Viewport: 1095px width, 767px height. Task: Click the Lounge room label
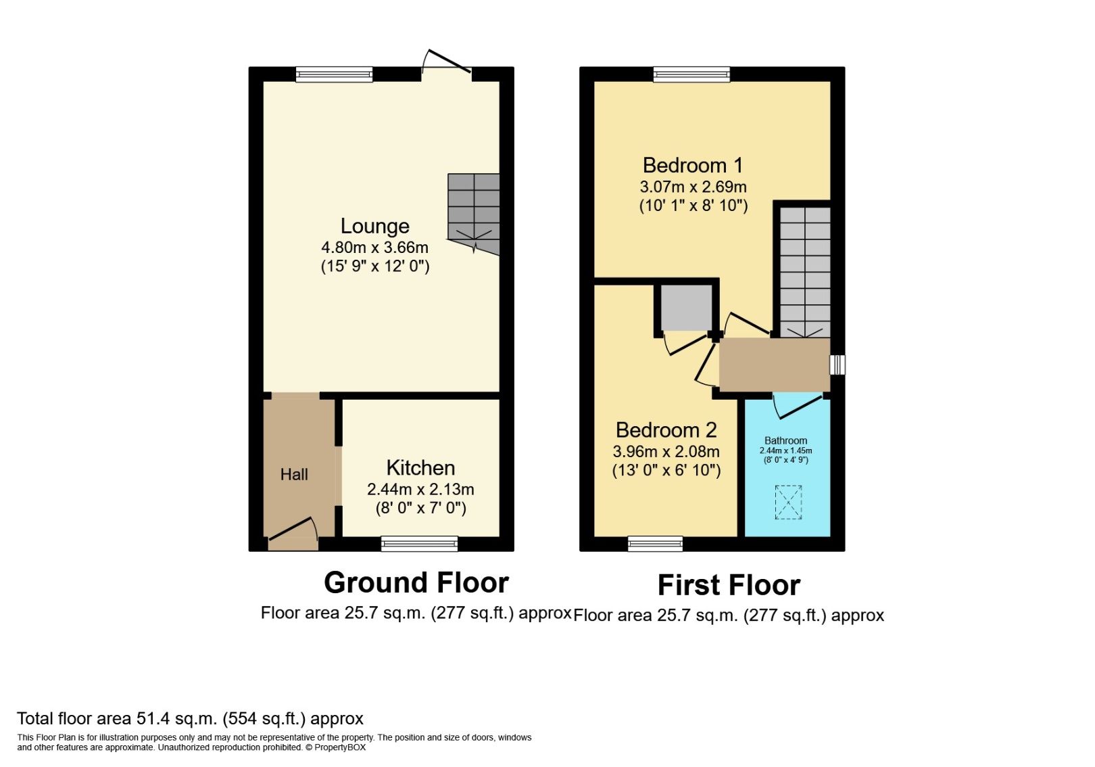pyautogui.click(x=374, y=226)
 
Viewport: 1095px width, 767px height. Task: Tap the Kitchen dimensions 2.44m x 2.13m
pyautogui.click(x=420, y=489)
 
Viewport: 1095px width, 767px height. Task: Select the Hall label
pyautogui.click(x=294, y=475)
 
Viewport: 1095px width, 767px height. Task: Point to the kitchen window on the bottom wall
pyautogui.click(x=419, y=543)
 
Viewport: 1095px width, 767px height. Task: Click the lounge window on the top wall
pyautogui.click(x=334, y=74)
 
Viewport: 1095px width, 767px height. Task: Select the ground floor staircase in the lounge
pyautogui.click(x=473, y=210)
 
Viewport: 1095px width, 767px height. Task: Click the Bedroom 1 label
pyautogui.click(x=692, y=165)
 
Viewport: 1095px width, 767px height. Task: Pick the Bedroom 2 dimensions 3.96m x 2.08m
pyautogui.click(x=666, y=451)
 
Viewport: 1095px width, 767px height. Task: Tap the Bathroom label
pyautogui.click(x=785, y=440)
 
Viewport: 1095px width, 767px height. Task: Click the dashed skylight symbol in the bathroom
pyautogui.click(x=788, y=502)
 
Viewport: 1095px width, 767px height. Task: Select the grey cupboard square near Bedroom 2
pyautogui.click(x=686, y=308)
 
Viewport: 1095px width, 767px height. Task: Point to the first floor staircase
pyautogui.click(x=804, y=271)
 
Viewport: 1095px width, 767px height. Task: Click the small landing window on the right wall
pyautogui.click(x=837, y=365)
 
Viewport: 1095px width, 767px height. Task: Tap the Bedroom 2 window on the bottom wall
pyautogui.click(x=655, y=543)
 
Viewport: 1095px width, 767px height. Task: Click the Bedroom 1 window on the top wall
pyautogui.click(x=691, y=74)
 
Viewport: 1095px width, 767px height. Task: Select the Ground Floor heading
pyautogui.click(x=416, y=582)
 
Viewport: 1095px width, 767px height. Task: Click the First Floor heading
pyautogui.click(x=729, y=585)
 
